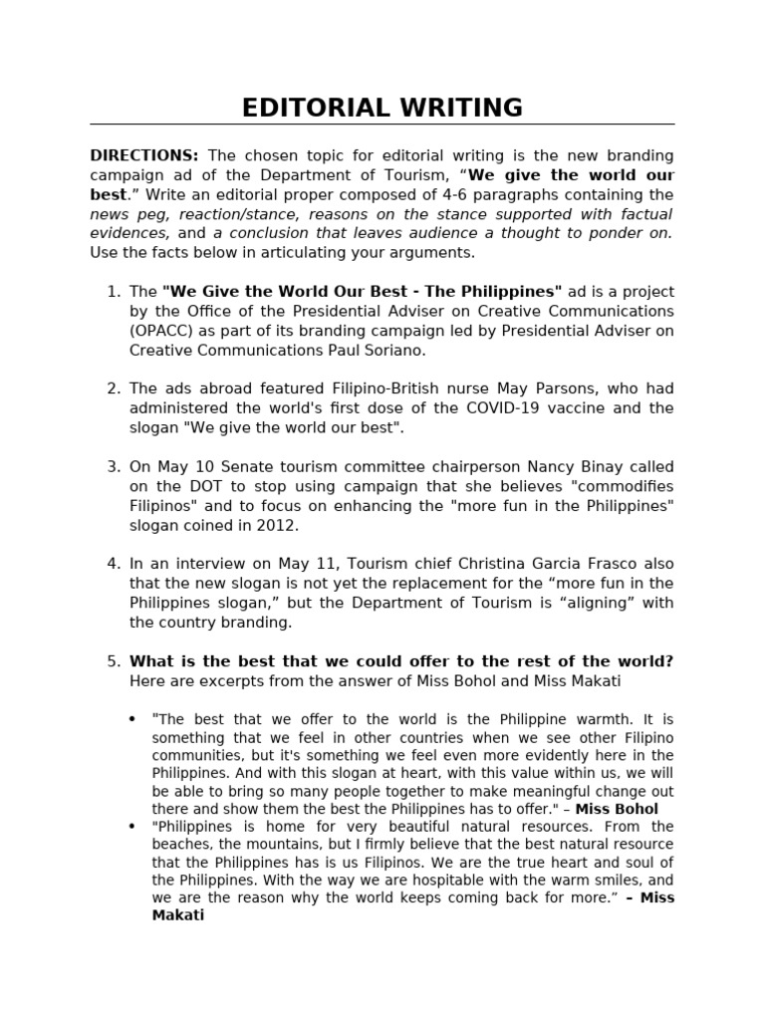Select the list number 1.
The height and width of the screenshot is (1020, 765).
pyautogui.click(x=112, y=292)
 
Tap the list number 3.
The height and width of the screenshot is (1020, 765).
pyautogui.click(x=112, y=467)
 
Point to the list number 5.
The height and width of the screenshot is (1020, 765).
pyautogui.click(x=112, y=661)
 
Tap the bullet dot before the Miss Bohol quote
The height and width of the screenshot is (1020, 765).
pyautogui.click(x=132, y=719)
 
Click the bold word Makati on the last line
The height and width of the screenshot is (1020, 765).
pyautogui.click(x=178, y=915)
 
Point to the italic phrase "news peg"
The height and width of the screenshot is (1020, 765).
pyautogui.click(x=124, y=214)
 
